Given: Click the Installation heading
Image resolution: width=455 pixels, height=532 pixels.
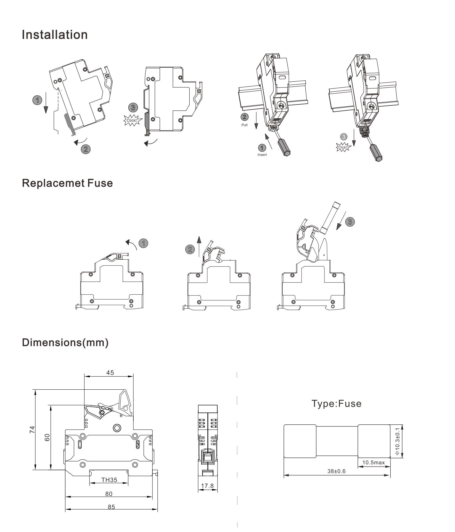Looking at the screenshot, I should point(55,35).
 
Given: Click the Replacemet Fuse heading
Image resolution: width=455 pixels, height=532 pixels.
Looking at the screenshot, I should point(67,183).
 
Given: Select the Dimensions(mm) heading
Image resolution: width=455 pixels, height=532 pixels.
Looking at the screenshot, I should point(65,342).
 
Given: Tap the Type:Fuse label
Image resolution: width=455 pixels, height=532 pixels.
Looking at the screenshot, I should point(336,403).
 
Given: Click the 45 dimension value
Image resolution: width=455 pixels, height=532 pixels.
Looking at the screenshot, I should point(110,373).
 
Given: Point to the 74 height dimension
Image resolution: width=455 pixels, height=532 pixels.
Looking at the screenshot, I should point(32,429).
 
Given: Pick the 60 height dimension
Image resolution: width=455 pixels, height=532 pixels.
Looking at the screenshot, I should point(47,437).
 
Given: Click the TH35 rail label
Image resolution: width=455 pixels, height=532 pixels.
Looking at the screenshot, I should point(109,480).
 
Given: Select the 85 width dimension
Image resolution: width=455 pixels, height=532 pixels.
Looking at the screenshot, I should point(111,507).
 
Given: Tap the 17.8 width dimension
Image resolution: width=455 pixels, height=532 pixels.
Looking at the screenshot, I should point(207,486).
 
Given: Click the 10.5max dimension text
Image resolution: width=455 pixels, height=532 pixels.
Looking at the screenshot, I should point(373,462).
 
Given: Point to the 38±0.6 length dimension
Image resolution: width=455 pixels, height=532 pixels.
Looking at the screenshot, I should point(336,471).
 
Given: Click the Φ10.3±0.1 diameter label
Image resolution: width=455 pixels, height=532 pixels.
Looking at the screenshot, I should point(397,441).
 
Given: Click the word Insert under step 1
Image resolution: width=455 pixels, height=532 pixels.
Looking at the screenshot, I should point(262,155).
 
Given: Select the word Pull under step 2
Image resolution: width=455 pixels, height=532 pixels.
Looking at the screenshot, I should point(244,125).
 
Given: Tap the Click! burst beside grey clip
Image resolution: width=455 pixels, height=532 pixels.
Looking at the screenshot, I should point(132,121).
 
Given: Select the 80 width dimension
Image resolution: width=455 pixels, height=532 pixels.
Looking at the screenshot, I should point(109,494).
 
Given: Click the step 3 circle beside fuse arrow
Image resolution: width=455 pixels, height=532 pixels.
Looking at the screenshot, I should point(350,222).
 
